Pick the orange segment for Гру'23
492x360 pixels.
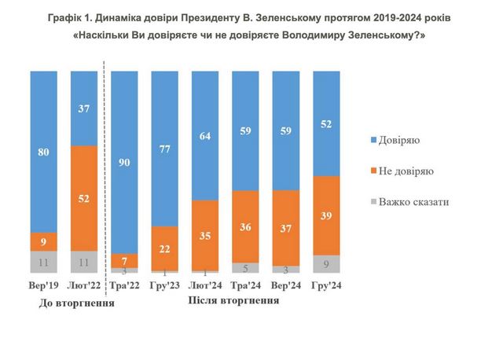pyautogui.click(x=166, y=248)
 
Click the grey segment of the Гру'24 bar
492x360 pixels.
pyautogui.click(x=328, y=264)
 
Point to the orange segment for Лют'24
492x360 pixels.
pyautogui.click(x=206, y=234)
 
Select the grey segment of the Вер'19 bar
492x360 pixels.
pyautogui.click(x=43, y=262)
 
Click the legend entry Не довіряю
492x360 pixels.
pyautogui.click(x=404, y=170)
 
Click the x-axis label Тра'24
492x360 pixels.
pyautogui.click(x=247, y=287)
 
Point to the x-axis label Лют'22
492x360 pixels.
pyautogui.click(x=84, y=287)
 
